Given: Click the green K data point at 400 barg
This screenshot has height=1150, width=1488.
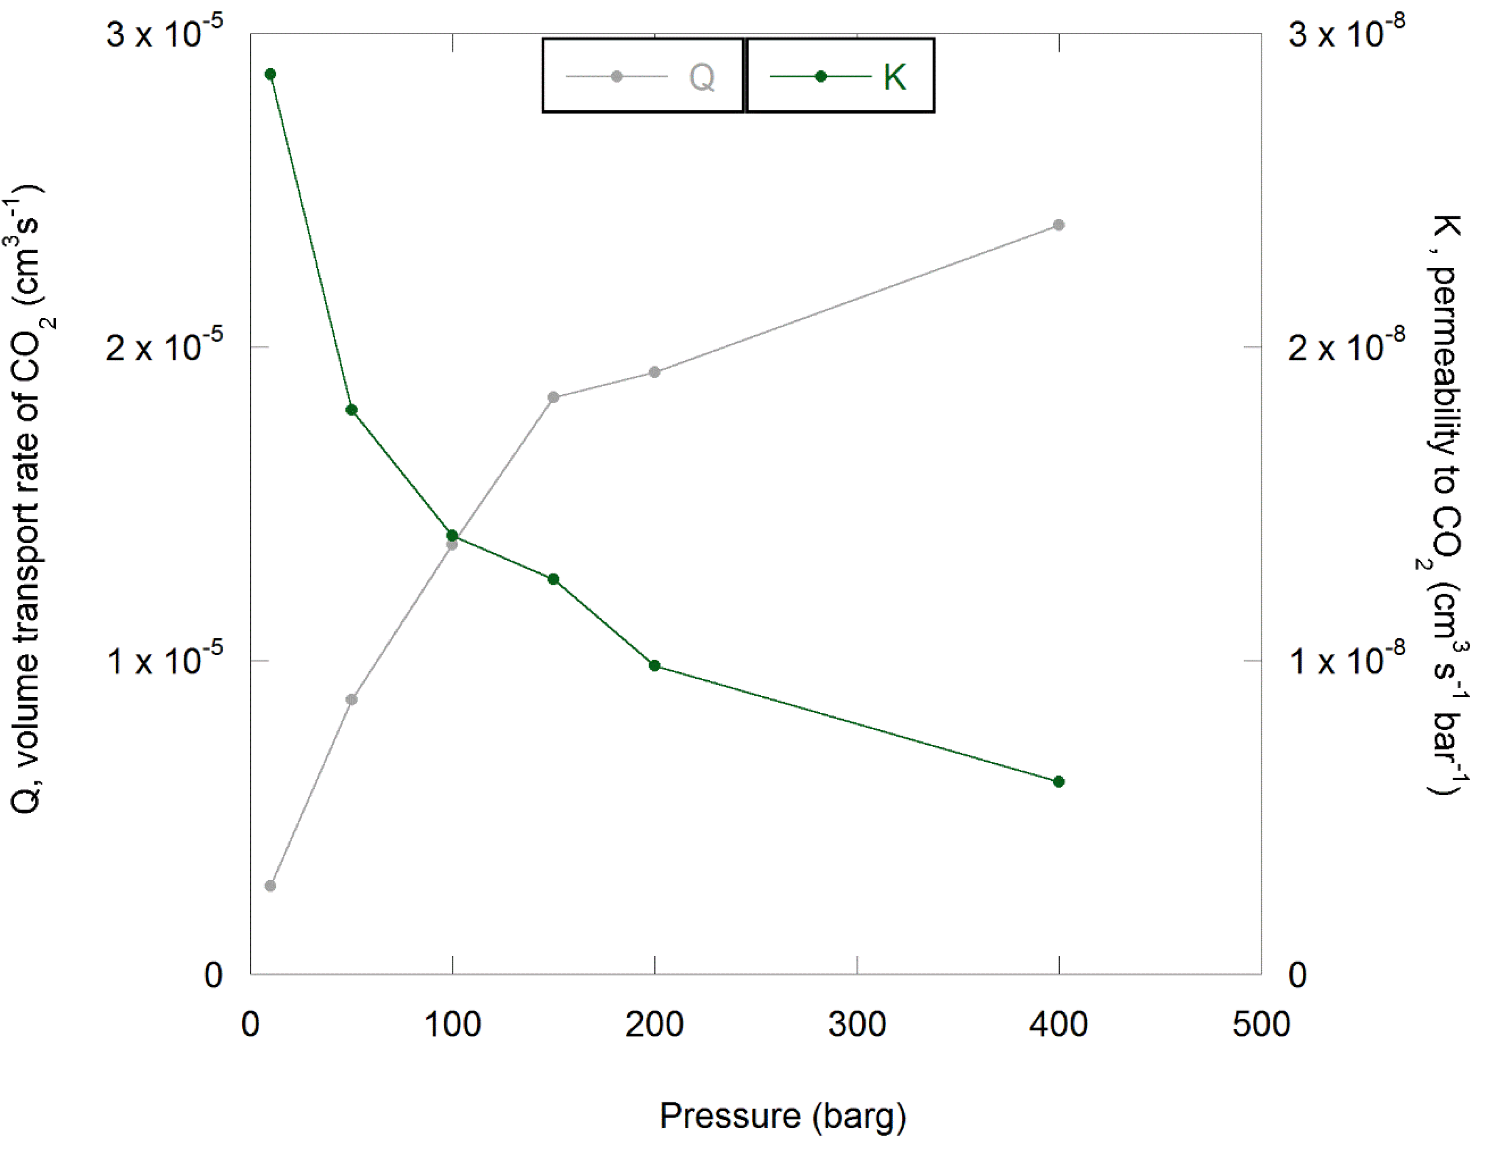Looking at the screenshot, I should [x=1058, y=782].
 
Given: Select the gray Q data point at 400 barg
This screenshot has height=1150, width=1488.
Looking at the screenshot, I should [x=1058, y=225].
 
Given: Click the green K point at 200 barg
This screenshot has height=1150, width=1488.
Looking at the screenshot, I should [x=654, y=665].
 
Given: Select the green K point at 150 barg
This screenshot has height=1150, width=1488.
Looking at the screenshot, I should [x=553, y=579].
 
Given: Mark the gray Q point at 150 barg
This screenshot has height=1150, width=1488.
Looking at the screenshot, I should [x=553, y=397].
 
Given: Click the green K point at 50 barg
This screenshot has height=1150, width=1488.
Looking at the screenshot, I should [x=351, y=410].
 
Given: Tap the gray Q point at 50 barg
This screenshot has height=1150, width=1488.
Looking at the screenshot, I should [x=351, y=699].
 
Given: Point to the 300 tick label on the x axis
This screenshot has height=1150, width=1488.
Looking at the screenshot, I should [x=856, y=1025].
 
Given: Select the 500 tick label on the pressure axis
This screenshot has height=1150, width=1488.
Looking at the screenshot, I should [x=1260, y=1025].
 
